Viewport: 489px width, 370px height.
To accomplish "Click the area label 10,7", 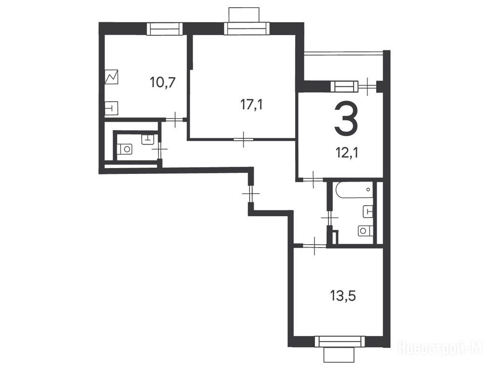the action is pyautogui.click(x=163, y=83).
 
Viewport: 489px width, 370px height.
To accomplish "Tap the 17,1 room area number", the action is pyautogui.click(x=251, y=105).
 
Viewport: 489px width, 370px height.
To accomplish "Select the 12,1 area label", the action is pyautogui.click(x=346, y=153).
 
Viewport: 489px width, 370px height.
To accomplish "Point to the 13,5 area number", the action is pyautogui.click(x=343, y=296).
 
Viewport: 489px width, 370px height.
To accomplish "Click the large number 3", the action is pyautogui.click(x=346, y=119).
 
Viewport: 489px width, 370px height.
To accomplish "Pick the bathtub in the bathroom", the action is pyautogui.click(x=354, y=190).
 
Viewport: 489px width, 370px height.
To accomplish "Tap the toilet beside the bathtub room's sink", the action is pyautogui.click(x=364, y=230).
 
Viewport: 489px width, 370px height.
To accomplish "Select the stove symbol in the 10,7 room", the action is pyautogui.click(x=112, y=77).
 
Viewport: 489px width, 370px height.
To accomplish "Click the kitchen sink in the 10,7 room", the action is pyautogui.click(x=111, y=108).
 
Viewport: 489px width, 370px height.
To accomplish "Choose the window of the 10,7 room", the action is pyautogui.click(x=164, y=28).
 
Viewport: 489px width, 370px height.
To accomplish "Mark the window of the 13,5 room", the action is pyautogui.click(x=340, y=342).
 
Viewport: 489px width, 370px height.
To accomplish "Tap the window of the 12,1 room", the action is pyautogui.click(x=344, y=86).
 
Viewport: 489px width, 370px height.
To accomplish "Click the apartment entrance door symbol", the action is pyautogui.click(x=251, y=194).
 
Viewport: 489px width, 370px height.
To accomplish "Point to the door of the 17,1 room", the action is pyautogui.click(x=244, y=139).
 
